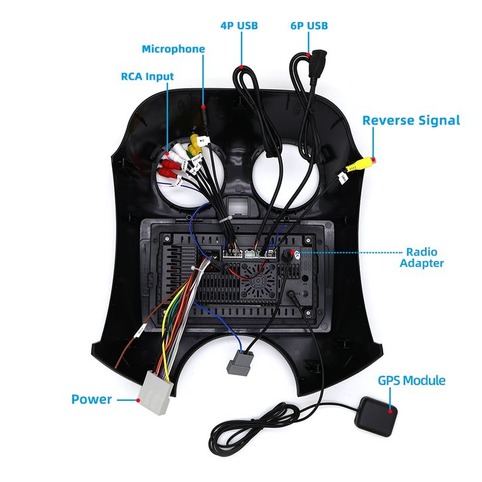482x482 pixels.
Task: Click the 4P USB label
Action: tap(239, 26)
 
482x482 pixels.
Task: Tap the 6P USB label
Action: tap(309, 26)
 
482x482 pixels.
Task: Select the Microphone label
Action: tap(173, 49)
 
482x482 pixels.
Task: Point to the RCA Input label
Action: tap(147, 76)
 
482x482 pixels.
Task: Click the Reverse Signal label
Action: tap(410, 120)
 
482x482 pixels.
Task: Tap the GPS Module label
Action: tap(412, 381)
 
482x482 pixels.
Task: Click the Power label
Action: tap(92, 400)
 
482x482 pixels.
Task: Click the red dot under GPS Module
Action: tap(391, 409)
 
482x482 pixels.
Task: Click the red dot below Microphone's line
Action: tap(204, 106)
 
